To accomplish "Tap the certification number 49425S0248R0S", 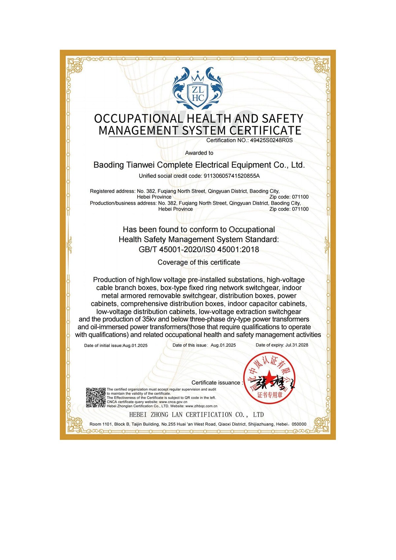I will tap(271, 140).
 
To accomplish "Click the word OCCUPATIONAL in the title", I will tap(138, 118).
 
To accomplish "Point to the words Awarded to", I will tap(199, 153).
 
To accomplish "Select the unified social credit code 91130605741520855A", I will tap(232, 176).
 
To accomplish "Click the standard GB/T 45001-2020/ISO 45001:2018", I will tap(199, 249).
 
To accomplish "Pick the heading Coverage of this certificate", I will tap(199, 262).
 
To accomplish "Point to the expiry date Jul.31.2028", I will tap(297, 345).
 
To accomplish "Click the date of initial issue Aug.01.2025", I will tap(135, 346).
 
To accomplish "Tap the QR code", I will tap(96, 397).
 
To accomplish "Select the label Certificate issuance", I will tap(216, 383).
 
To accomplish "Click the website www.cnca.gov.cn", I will tap(173, 402).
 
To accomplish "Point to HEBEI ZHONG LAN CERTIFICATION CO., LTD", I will tap(196, 415).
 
